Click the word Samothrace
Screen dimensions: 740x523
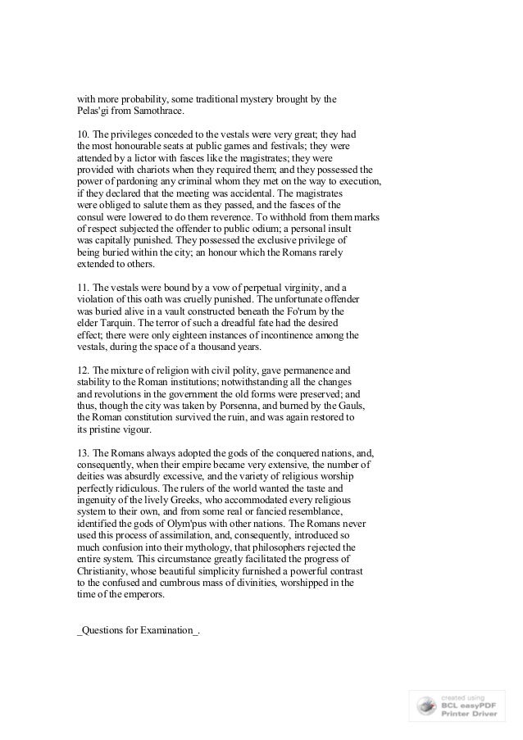coord(159,111)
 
